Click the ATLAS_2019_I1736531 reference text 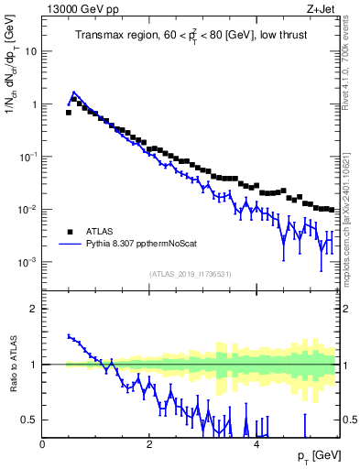190,274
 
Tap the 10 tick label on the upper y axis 30,52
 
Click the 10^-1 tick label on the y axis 27,157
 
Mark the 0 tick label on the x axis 42,443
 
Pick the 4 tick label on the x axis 256,443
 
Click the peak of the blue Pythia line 74,93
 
